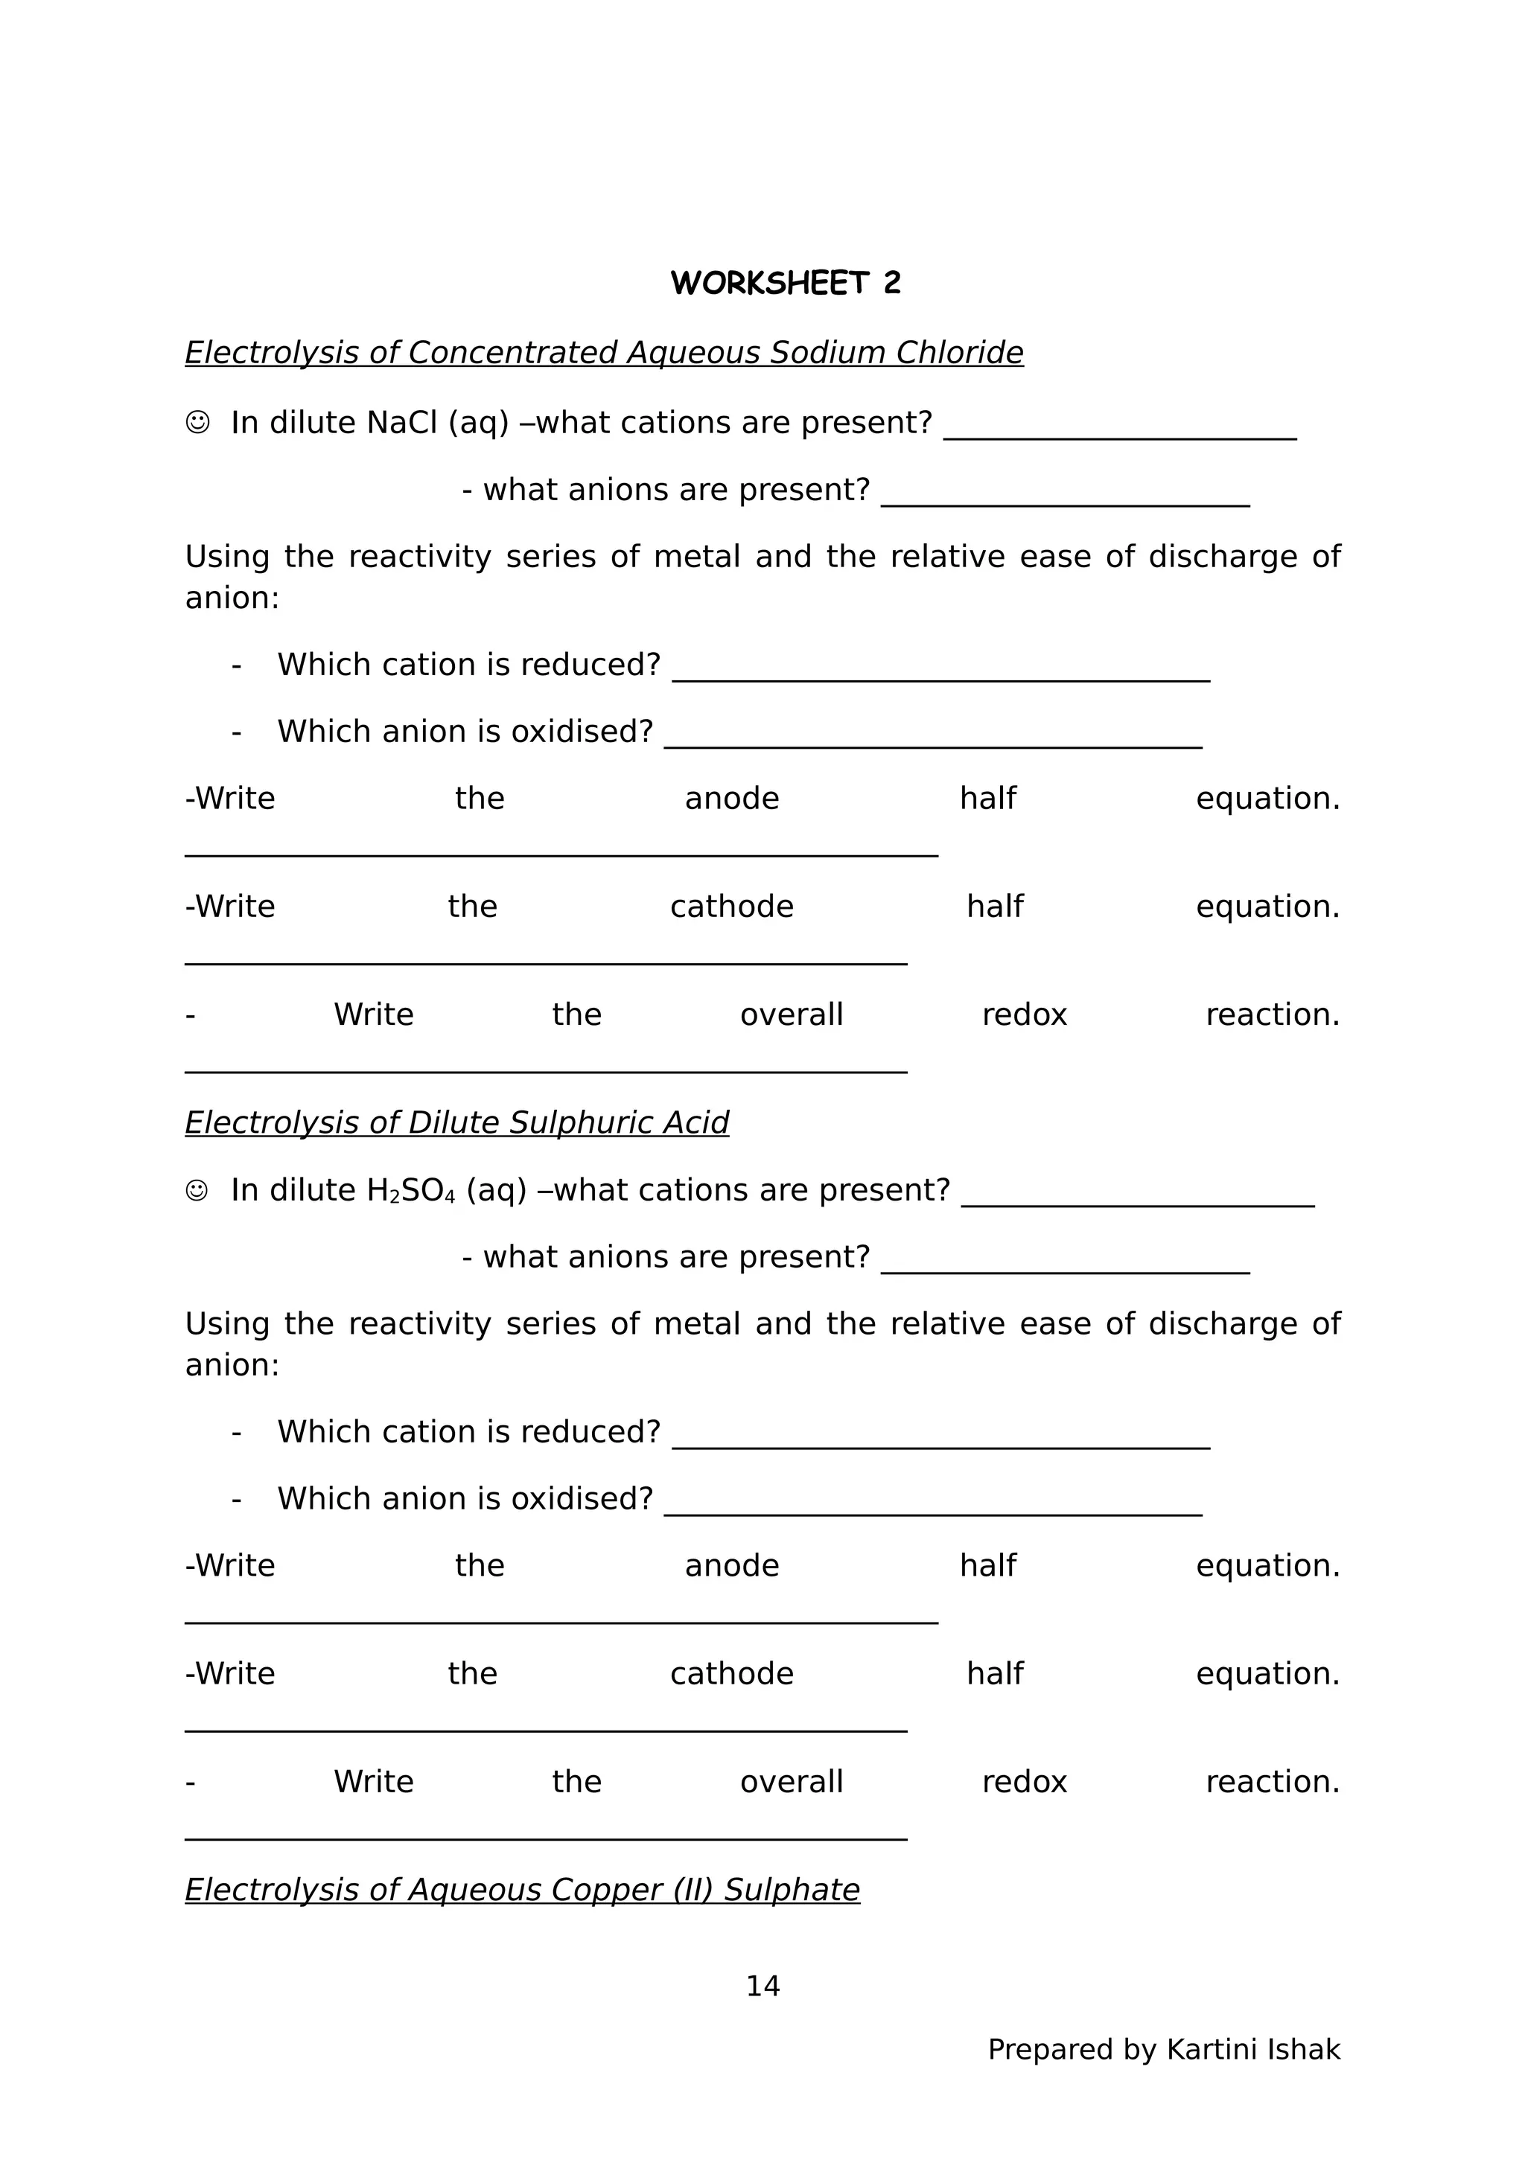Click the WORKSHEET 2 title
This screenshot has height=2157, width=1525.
pyautogui.click(x=786, y=283)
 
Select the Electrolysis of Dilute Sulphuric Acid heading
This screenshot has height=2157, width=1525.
pyautogui.click(x=456, y=1122)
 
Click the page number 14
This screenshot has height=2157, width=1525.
pyautogui.click(x=762, y=1985)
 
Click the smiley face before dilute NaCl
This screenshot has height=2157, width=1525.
pyautogui.click(x=197, y=423)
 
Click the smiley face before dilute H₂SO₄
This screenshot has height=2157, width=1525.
pyautogui.click(x=197, y=1190)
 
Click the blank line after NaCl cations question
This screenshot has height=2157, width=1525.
pyautogui.click(x=1119, y=434)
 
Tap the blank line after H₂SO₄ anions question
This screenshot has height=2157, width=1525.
pyautogui.click(x=1065, y=1268)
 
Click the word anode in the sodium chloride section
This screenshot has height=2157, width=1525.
pyautogui.click(x=731, y=799)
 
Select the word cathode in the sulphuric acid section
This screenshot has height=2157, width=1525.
pyautogui.click(x=731, y=1673)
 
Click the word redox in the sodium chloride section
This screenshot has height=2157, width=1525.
pyautogui.click(x=1024, y=1014)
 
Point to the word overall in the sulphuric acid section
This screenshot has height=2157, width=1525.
pyautogui.click(x=791, y=1781)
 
